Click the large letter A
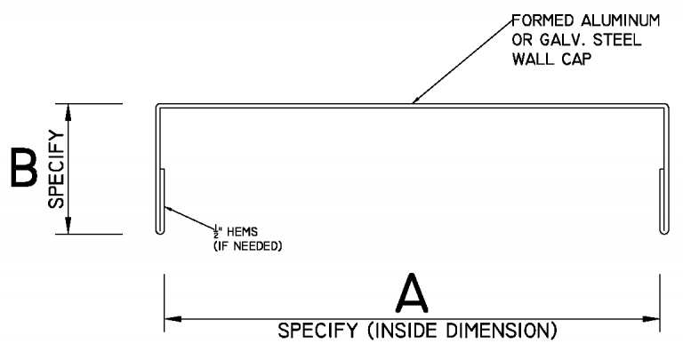(412, 294)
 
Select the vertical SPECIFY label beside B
(56, 170)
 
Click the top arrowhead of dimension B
(69, 111)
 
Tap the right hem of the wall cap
(662, 200)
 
